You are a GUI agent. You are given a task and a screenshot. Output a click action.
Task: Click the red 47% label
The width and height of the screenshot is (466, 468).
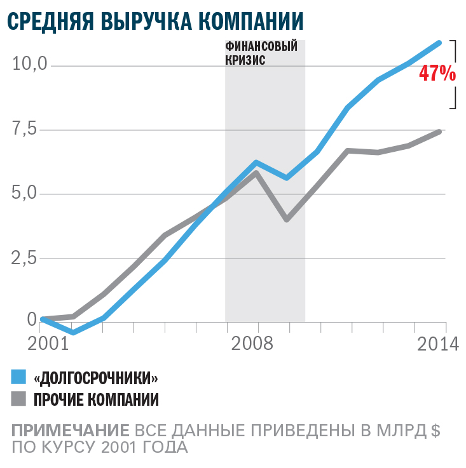[437, 74]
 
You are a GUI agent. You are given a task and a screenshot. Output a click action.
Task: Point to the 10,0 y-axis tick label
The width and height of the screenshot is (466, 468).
[31, 64]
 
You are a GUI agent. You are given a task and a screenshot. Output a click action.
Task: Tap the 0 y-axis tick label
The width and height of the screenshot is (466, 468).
[32, 321]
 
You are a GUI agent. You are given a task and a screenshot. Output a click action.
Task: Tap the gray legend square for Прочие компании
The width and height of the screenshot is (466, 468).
[19, 399]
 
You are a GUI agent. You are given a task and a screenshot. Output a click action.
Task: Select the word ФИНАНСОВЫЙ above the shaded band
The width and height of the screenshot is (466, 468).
[261, 46]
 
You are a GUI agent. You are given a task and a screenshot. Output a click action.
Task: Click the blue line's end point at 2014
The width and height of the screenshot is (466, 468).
[439, 43]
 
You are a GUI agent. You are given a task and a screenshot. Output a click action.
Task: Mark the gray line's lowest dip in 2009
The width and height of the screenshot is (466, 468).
[287, 220]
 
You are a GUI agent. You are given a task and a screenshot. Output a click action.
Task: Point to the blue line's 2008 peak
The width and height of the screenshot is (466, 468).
[256, 163]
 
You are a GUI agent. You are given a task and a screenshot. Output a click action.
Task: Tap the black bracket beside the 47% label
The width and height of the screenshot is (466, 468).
[455, 74]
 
